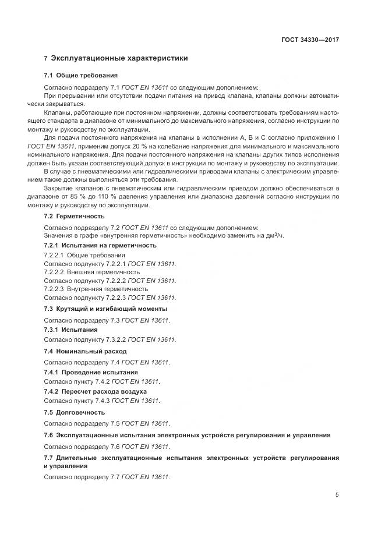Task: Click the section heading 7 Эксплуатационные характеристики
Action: tap(116, 59)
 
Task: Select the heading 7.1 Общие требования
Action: tap(81, 76)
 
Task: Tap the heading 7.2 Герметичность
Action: tap(75, 216)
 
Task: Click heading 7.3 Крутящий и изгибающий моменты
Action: tap(105, 309)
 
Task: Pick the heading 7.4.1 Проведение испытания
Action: tap(91, 372)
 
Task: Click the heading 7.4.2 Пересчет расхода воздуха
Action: tap(96, 392)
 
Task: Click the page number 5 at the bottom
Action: tap(337, 495)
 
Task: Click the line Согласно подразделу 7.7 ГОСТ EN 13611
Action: tap(107, 477)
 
